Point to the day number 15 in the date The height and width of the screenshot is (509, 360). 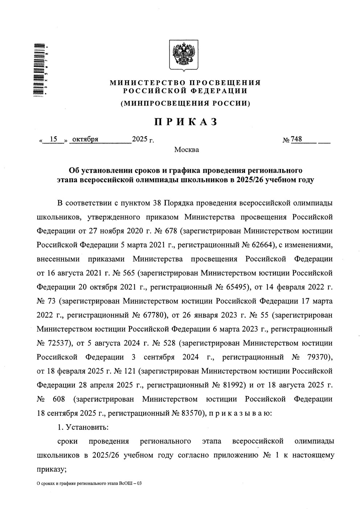point(54,139)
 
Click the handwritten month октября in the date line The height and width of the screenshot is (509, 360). point(85,139)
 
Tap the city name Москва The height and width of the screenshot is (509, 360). point(187,149)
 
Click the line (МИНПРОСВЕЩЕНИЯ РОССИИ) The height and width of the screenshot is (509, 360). point(185,103)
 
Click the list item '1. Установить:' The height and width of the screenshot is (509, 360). point(83,427)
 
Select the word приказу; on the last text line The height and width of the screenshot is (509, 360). point(51,469)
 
